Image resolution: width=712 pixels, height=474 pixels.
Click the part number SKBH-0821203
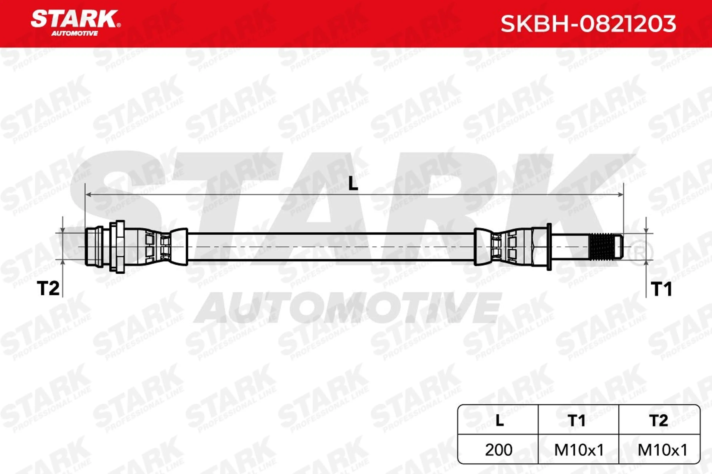[588, 24]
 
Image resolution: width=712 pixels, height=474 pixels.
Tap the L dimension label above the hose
[353, 183]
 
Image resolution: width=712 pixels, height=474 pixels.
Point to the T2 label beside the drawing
[48, 288]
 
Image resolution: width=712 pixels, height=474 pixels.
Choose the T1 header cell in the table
[578, 420]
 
